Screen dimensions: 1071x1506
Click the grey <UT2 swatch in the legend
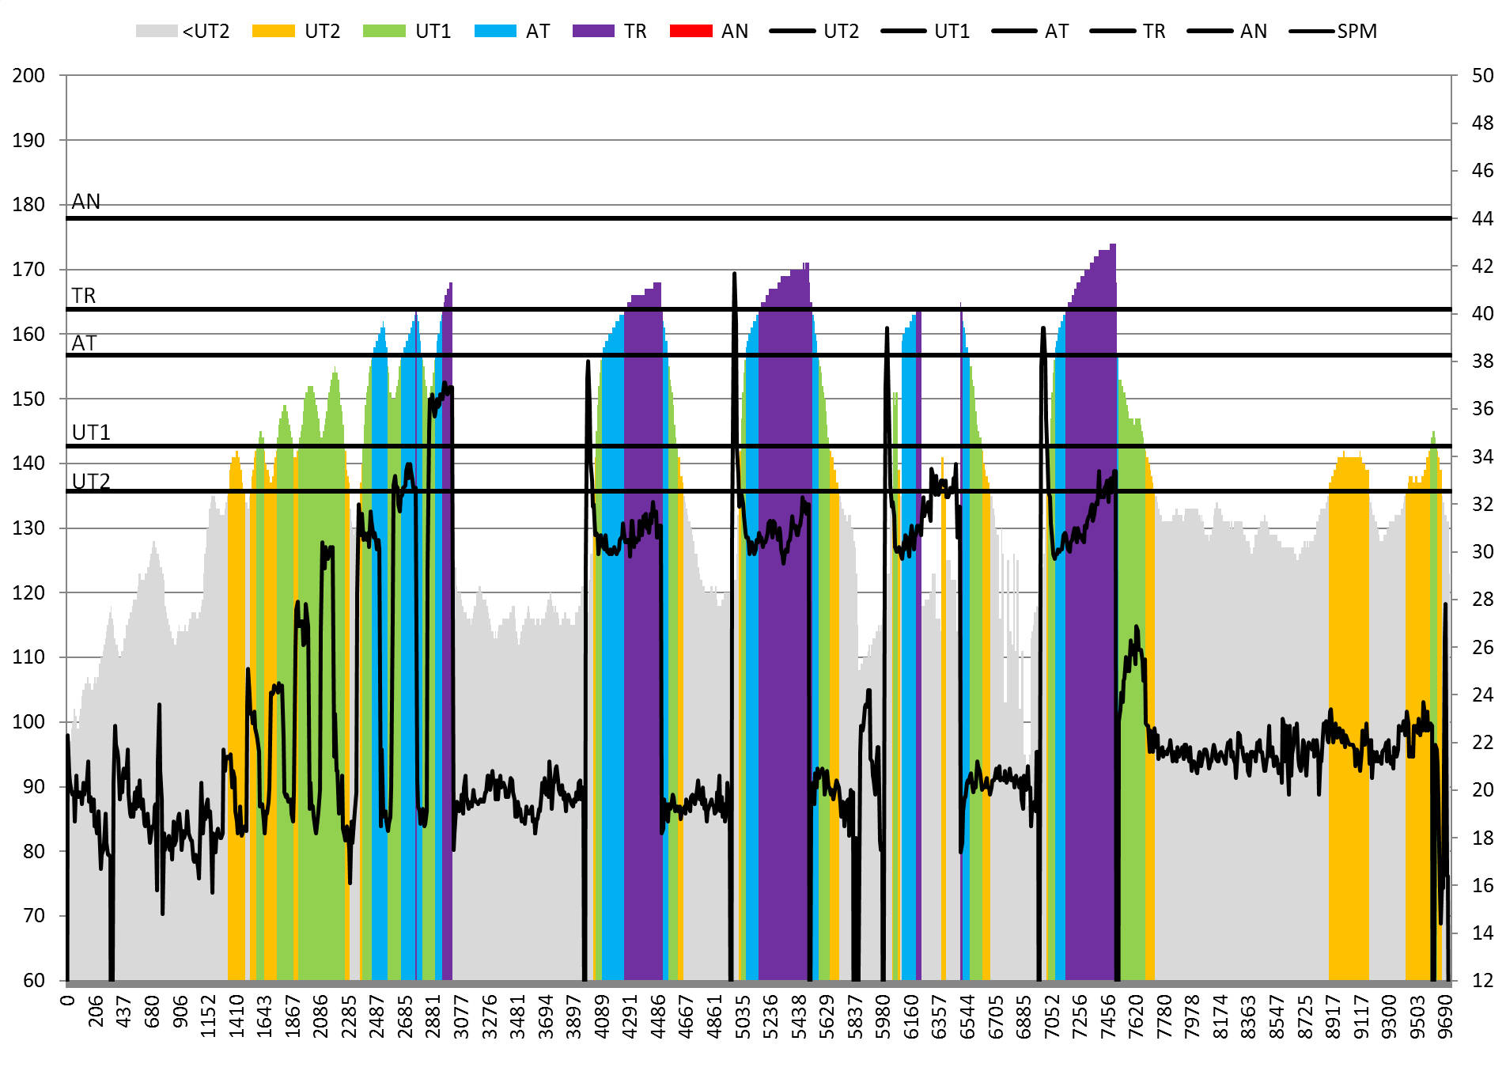coord(156,31)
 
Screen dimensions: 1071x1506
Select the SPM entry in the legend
coord(1357,31)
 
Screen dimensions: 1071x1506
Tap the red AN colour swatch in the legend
coord(691,31)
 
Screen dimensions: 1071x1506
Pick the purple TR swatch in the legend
coord(593,31)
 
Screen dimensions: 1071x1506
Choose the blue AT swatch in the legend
coord(495,31)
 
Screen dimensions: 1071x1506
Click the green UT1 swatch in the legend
coord(384,31)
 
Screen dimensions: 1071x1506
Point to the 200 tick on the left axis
coord(28,76)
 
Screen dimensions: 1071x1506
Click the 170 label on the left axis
coord(28,270)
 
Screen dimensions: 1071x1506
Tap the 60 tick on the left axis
coord(34,981)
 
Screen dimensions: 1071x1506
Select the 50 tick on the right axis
coord(1482,76)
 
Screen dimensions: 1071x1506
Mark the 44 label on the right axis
coord(1482,218)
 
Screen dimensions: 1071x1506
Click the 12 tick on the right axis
coord(1482,981)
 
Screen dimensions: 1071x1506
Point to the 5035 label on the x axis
coord(743,1011)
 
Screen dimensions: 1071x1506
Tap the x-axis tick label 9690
coord(1445,1011)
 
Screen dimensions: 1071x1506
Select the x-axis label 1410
coord(236,1011)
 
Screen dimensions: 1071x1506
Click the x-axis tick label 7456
coord(1108,1011)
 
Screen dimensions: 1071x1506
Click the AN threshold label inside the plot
coord(86,202)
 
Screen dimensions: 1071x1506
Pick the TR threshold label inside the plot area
coord(84,296)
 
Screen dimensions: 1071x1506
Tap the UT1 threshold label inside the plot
coord(91,433)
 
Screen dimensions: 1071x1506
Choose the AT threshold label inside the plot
coord(84,343)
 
